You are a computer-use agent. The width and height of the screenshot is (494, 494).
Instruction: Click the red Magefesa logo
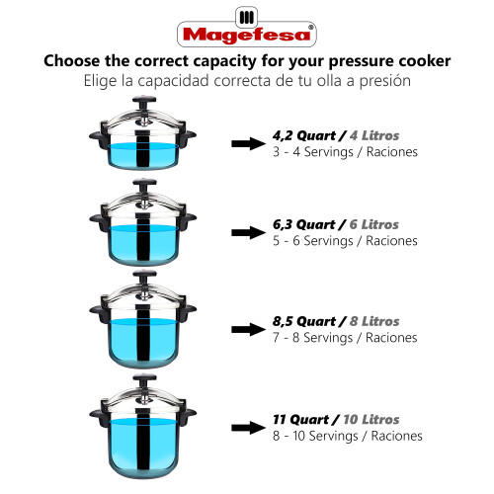coord(247,28)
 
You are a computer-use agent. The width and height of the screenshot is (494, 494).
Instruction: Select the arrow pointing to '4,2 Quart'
coord(248,143)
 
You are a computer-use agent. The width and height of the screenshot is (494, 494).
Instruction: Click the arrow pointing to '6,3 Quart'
coord(248,233)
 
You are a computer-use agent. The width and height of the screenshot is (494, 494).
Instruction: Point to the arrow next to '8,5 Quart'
coord(248,329)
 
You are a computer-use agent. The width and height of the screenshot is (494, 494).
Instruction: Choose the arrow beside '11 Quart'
coord(248,428)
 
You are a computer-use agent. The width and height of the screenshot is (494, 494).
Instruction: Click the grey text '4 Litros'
coord(374,135)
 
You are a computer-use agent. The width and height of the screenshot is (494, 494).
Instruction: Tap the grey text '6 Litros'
coord(374,224)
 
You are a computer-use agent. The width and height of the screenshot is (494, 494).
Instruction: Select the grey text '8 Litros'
coord(374,321)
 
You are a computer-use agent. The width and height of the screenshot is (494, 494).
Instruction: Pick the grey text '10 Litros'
coord(371,420)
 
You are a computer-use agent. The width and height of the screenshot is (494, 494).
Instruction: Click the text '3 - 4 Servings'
coord(313,152)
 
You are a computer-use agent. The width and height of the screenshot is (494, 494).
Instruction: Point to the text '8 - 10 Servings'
coord(315,437)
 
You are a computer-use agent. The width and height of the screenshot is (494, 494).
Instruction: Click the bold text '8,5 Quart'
coord(304,321)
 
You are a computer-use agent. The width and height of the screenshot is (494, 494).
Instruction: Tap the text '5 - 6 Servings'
coord(313,241)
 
